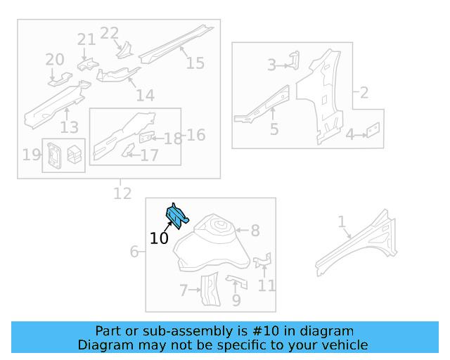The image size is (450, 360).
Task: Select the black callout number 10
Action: tap(159, 238)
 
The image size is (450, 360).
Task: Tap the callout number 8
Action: tap(255, 230)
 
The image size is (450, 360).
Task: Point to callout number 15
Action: tap(195, 63)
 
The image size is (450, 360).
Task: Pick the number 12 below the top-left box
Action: tap(122, 192)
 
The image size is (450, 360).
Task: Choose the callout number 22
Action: tap(110, 33)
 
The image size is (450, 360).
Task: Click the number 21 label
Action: tap(86, 40)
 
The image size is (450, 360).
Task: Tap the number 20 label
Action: tap(55, 60)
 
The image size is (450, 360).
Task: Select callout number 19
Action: tap(31, 154)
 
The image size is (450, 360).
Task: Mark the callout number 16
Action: tap(196, 134)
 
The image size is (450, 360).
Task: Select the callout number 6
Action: tap(134, 251)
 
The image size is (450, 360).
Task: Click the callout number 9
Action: tap(236, 300)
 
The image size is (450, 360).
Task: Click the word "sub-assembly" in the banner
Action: tap(179, 331)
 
